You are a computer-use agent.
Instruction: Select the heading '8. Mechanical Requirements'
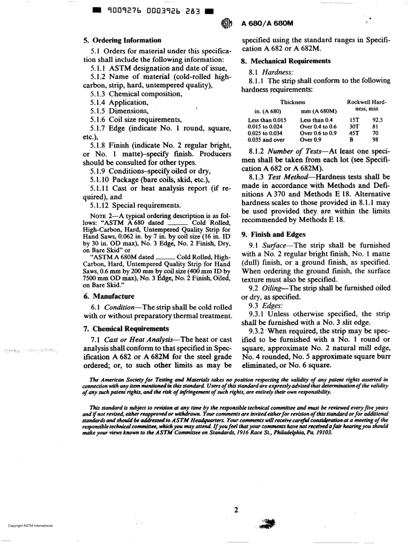(x=286, y=61)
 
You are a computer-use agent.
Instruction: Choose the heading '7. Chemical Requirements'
(x=126, y=328)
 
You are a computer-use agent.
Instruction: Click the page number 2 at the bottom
(x=236, y=510)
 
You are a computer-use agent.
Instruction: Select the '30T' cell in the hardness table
(x=354, y=126)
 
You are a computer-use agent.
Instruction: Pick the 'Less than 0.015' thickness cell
(x=267, y=120)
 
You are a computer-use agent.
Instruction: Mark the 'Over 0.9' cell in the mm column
(x=309, y=140)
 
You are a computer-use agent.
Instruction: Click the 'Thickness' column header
(x=293, y=102)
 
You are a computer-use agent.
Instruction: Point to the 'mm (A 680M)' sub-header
(x=318, y=111)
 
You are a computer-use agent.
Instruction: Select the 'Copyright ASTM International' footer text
(x=30, y=526)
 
